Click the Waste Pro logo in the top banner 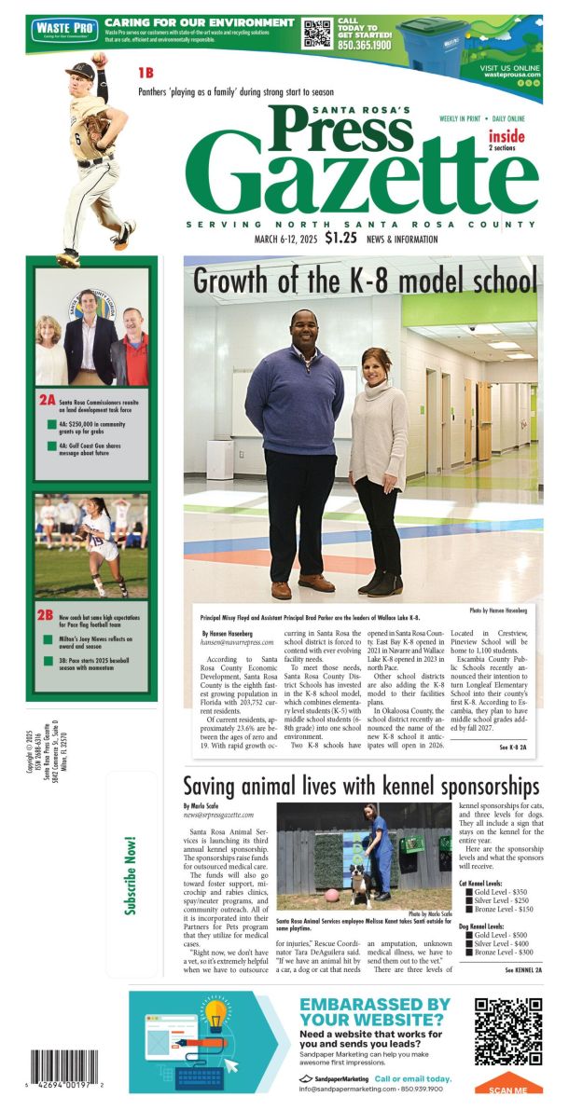pyautogui.click(x=63, y=30)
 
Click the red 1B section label pyautogui.click(x=146, y=73)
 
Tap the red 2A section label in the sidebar pyautogui.click(x=47, y=401)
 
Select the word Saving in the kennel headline pyautogui.click(x=214, y=785)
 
